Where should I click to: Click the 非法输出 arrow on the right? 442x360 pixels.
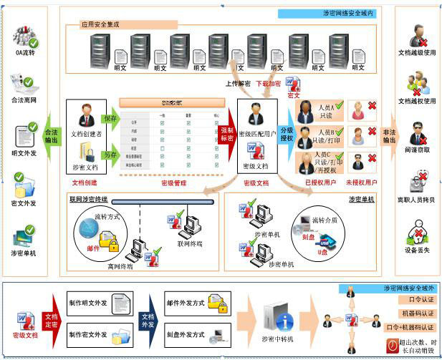coord(389,136)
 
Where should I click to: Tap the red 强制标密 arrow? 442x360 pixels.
coord(227,135)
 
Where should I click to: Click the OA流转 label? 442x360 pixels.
coord(25,53)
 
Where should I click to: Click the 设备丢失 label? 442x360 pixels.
coord(417,250)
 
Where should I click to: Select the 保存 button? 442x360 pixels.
coord(110,118)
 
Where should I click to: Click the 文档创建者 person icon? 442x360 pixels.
coord(87,115)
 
